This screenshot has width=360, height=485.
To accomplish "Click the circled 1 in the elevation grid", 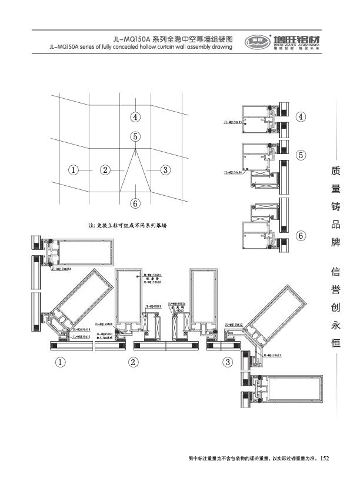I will pyautogui.click(x=74, y=170).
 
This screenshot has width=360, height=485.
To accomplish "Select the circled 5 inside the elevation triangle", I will pyautogui.click(x=136, y=136).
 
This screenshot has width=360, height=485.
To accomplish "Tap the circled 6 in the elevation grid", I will pyautogui.click(x=136, y=204).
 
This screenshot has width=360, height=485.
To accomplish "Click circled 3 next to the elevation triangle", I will pyautogui.click(x=166, y=170).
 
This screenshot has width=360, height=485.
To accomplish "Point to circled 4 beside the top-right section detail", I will pyautogui.click(x=301, y=116).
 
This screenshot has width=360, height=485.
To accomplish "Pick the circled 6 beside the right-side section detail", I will pyautogui.click(x=301, y=236).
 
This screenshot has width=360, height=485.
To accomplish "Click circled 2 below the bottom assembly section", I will pyautogui.click(x=134, y=362).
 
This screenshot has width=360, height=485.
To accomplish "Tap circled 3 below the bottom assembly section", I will pyautogui.click(x=228, y=362).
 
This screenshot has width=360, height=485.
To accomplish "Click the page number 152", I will pyautogui.click(x=324, y=457).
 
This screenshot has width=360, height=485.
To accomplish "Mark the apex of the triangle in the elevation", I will pyautogui.click(x=136, y=148).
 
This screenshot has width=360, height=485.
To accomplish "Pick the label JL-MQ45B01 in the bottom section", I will pyautogui.click(x=154, y=306).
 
